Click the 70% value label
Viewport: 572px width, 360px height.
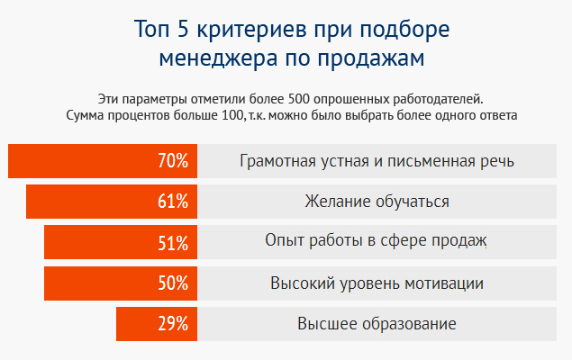(x=172, y=162)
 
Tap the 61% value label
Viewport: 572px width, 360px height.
(x=172, y=202)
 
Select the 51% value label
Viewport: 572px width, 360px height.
(x=172, y=242)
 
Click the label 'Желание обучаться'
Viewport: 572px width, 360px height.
(x=377, y=202)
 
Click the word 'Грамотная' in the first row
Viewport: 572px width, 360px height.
(x=277, y=162)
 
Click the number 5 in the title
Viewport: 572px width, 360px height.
(x=180, y=29)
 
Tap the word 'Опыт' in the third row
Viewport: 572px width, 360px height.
(x=282, y=242)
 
